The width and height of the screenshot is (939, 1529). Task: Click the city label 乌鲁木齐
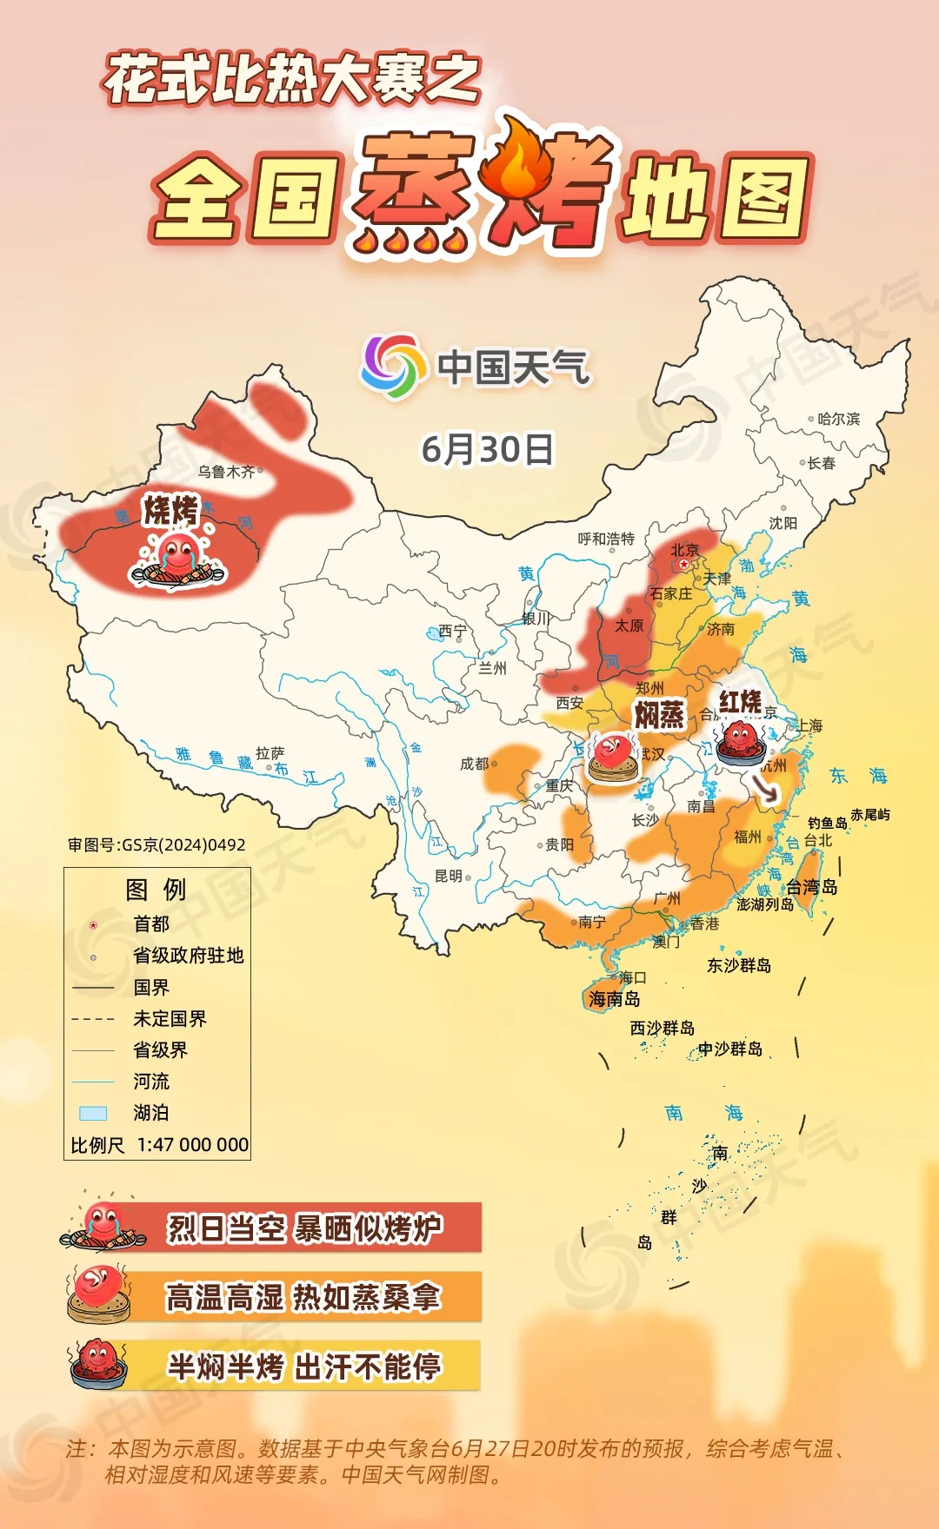[226, 472]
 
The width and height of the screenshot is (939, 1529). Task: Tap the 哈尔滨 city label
[838, 419]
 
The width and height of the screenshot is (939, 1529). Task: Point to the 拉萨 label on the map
[270, 753]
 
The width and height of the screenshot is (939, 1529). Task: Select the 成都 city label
[475, 764]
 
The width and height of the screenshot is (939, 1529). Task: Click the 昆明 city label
[449, 876]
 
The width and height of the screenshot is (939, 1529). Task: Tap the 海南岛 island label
[614, 999]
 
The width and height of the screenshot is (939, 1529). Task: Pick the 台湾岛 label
[811, 887]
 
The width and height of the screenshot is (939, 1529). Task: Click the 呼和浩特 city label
[606, 539]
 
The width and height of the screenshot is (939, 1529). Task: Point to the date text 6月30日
[487, 449]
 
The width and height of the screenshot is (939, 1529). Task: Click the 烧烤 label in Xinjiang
[171, 510]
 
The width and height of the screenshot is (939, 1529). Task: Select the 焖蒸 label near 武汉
[659, 714]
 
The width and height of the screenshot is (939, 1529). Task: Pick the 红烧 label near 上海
[740, 701]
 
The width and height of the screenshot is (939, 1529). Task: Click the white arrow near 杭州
[765, 788]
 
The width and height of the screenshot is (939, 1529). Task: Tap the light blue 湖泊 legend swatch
[93, 1113]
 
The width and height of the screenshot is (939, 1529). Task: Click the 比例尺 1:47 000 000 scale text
[160, 1145]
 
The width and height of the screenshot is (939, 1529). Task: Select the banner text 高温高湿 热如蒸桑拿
[303, 1297]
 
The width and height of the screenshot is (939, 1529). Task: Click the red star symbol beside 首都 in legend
[93, 925]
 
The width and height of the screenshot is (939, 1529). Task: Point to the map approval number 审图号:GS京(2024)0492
[156, 844]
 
